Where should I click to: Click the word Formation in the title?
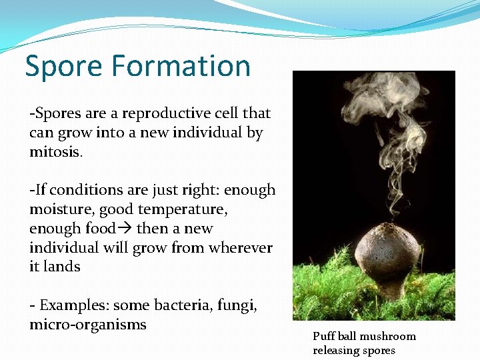tap(181, 66)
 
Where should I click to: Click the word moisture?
tap(61, 209)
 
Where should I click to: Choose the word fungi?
tap(239, 305)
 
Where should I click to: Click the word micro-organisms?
tap(87, 325)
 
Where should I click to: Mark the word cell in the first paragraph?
tap(223, 113)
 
